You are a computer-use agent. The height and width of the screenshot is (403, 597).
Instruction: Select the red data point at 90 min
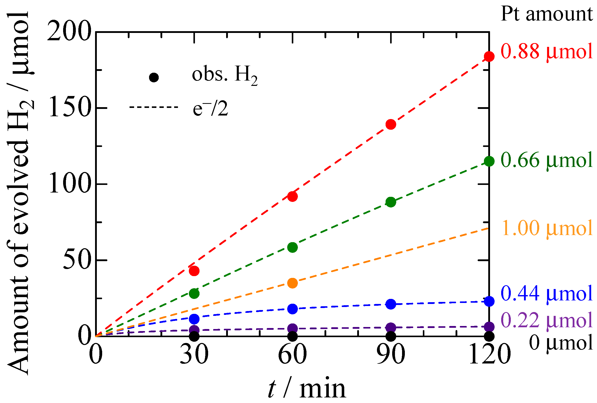pos(391,124)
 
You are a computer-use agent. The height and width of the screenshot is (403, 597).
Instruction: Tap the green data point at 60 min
pos(292,247)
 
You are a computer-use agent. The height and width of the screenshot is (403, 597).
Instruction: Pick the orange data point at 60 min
pos(292,283)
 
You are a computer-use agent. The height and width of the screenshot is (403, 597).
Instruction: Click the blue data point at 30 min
pos(194,319)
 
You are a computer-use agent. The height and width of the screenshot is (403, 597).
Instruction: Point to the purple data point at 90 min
pos(391,328)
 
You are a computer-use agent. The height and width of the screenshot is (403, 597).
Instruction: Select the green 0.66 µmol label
pos(547,161)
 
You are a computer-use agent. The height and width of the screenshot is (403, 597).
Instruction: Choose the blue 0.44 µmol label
pos(547,294)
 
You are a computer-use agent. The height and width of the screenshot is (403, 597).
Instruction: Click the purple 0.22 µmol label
pos(547,321)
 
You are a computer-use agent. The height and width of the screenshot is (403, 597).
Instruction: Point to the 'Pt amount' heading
pos(547,14)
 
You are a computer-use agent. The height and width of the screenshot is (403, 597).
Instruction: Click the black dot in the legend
pos(154,77)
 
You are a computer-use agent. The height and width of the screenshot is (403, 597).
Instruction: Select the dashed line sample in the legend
pos(154,107)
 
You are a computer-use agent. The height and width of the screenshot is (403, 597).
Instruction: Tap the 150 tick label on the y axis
pos(70,108)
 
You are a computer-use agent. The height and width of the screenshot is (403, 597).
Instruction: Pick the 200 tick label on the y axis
pos(70,32)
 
